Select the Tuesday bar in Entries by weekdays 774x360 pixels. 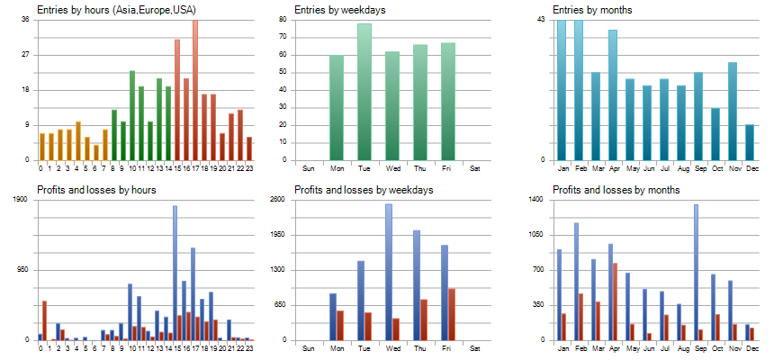[364, 92]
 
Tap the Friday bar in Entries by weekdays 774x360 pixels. [448, 102]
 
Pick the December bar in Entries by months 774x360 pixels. [750, 142]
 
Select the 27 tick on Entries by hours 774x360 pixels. [26, 55]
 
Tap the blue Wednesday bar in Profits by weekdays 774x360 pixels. [389, 272]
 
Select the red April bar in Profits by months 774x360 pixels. [615, 301]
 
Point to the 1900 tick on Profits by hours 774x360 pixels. [22, 200]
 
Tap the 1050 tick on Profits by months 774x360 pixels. [536, 235]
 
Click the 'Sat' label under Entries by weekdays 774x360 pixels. [476, 168]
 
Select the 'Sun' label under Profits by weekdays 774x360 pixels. [309, 348]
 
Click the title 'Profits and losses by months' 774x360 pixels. [616, 190]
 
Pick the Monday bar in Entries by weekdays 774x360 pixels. [337, 108]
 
